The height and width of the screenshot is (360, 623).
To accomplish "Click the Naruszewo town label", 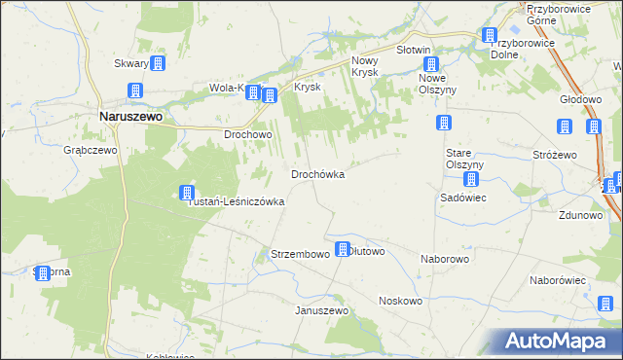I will (131, 115).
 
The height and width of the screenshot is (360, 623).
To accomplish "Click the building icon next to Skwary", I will (158, 63).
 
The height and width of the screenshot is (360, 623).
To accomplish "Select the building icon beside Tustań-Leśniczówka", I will (186, 193).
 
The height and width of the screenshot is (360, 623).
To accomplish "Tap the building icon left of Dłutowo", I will (343, 249).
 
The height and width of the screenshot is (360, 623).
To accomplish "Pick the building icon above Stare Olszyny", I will (444, 124).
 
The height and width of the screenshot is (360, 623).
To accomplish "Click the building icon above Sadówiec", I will (471, 180).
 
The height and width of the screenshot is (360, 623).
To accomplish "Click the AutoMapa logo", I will (562, 341).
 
